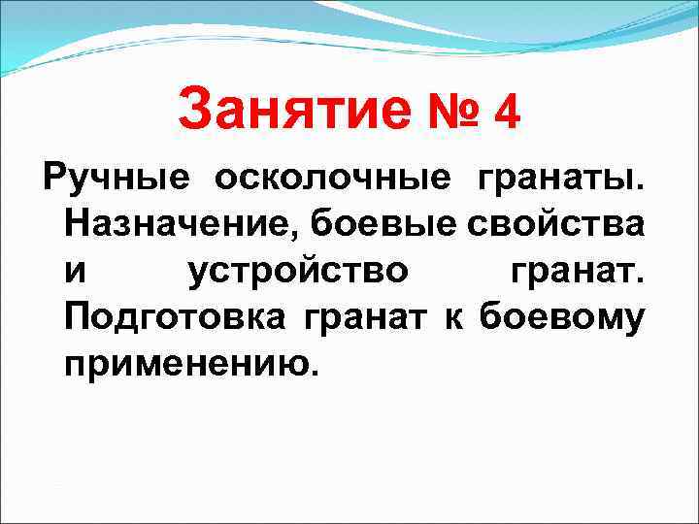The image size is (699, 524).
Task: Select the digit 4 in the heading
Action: point(507,111)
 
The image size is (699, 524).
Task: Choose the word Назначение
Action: point(183,225)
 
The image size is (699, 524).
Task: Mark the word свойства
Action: point(555,225)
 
